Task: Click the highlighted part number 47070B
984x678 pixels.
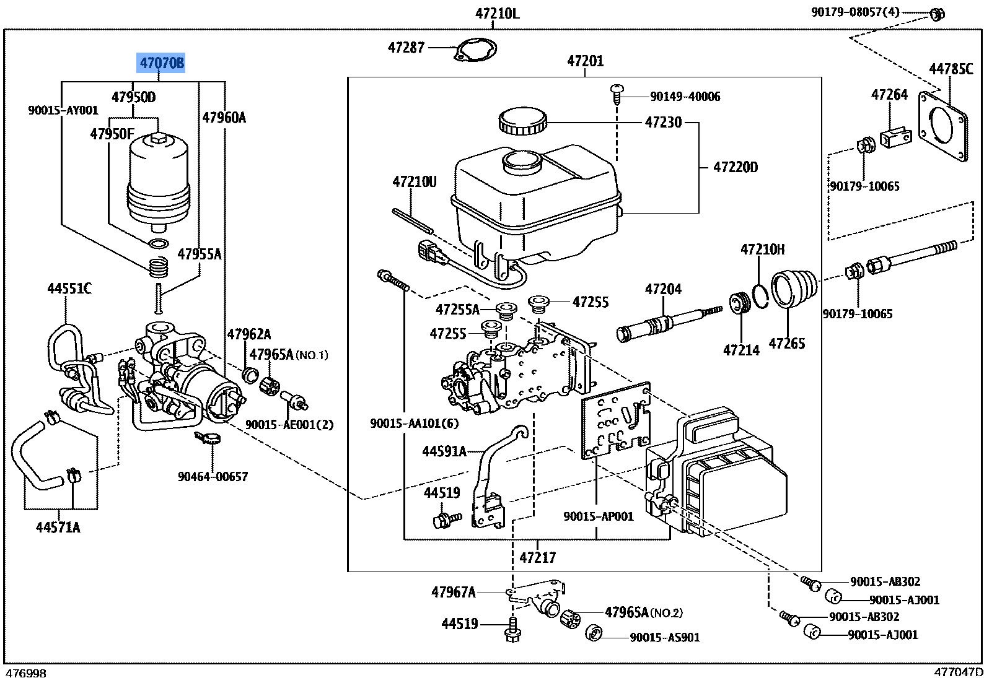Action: [161, 63]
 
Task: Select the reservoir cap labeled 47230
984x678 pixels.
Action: [522, 121]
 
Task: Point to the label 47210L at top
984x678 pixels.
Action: [497, 13]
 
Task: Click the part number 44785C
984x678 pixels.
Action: [951, 69]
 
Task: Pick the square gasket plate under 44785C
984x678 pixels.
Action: [942, 126]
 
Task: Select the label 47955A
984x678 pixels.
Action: [199, 254]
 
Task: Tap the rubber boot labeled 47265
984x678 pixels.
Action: [794, 289]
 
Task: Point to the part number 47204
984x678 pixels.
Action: [663, 289]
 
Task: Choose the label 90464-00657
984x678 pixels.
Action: [213, 476]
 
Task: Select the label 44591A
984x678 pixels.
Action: [444, 451]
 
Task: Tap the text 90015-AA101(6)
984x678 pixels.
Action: [414, 423]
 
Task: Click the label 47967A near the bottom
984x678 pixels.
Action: [453, 592]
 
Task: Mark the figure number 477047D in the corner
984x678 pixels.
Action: [958, 672]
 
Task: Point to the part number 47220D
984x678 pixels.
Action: [735, 167]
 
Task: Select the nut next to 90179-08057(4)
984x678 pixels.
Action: [938, 14]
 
